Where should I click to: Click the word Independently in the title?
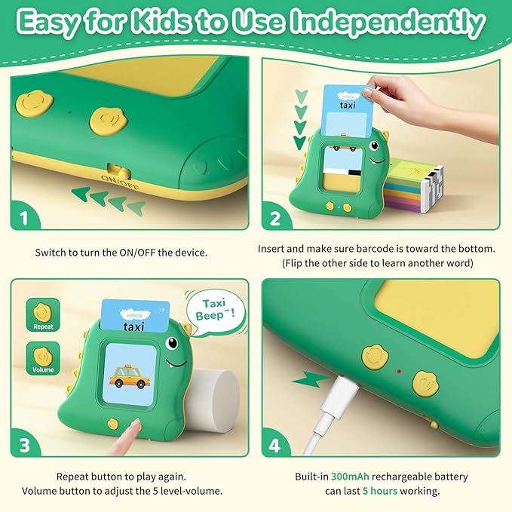pos(388,23)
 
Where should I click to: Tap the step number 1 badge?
pos(24,218)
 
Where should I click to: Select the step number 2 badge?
pos(275,218)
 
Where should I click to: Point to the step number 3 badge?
pos(25,445)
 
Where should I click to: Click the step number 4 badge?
pos(275,445)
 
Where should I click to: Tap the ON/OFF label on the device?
pos(120,182)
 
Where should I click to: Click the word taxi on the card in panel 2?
pos(347,105)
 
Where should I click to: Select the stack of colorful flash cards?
pos(414,184)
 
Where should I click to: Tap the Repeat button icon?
pos(43,314)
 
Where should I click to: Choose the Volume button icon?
pos(43,358)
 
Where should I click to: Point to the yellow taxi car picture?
pos(128,376)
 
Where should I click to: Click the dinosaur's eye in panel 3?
pos(172,343)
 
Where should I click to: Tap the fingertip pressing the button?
pos(134,424)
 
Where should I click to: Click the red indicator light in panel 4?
pos(399,371)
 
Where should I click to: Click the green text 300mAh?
pos(350,477)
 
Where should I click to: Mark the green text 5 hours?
pos(380,491)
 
